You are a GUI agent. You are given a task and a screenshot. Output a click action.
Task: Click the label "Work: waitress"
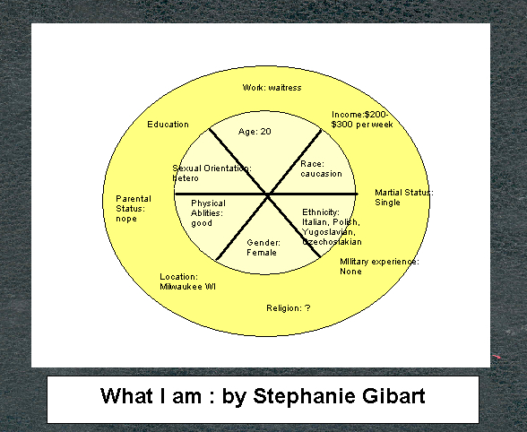point(272,88)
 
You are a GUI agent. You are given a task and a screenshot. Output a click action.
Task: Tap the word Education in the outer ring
point(168,125)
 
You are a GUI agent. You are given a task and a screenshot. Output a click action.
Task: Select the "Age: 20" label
point(255,132)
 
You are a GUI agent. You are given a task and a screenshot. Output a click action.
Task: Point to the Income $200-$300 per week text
point(362,120)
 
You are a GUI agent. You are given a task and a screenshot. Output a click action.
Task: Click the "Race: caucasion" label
point(321,168)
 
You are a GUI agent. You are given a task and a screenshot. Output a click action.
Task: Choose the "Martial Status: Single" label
point(404,197)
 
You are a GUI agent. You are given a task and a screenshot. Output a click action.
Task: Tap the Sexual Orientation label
point(212,173)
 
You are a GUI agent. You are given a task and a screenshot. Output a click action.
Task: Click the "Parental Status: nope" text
point(134,209)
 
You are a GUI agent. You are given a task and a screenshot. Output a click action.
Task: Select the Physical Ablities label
point(208,213)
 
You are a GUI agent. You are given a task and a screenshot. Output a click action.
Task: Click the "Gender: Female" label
point(263,247)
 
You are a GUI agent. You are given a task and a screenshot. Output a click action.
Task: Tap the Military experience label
point(379,266)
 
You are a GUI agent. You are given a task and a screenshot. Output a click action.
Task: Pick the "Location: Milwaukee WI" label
point(187,281)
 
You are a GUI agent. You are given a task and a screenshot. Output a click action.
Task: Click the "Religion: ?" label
point(289,308)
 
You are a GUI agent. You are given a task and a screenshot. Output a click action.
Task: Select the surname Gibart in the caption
point(393,395)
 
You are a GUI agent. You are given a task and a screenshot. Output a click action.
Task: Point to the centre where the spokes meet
point(267,194)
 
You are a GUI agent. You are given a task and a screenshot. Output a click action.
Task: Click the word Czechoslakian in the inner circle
point(332,242)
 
